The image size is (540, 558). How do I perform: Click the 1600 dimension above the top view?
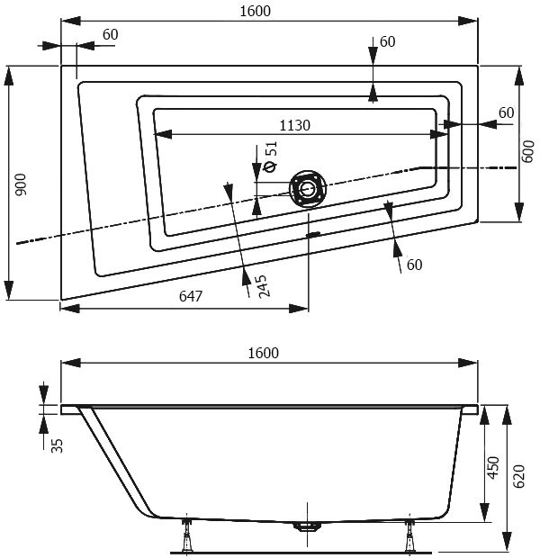tap(255, 11)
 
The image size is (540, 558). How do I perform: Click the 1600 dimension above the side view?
tap(263, 353)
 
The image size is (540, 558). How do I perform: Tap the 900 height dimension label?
tap(21, 184)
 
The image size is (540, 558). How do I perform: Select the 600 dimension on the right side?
tap(529, 151)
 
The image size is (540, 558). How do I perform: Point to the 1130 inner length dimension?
tap(294, 125)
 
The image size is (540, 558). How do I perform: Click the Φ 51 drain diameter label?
tap(271, 157)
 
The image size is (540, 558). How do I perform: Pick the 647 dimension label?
tap(191, 296)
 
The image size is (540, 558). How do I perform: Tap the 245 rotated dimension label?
tap(263, 286)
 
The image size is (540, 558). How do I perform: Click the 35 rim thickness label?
tap(57, 445)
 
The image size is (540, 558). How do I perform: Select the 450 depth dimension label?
tap(493, 468)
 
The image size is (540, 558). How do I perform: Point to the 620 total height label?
tap(519, 476)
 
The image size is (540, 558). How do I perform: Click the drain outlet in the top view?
tap(308, 188)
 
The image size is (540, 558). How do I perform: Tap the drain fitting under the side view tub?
tap(307, 526)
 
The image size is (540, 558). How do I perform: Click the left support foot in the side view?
tap(187, 535)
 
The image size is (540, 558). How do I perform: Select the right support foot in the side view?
tap(410, 535)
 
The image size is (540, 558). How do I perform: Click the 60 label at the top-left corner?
tap(110, 34)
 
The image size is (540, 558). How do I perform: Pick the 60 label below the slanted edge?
tap(414, 265)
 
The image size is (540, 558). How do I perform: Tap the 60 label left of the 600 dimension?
tap(506, 112)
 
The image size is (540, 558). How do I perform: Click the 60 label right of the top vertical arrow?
tap(387, 41)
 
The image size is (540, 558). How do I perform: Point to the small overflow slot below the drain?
tap(313, 234)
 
